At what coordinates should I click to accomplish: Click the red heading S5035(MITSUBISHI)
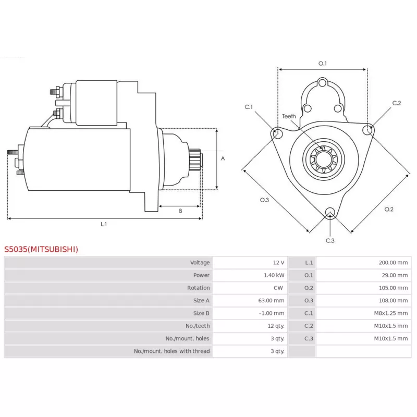[41, 249]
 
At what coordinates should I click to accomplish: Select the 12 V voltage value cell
[278, 263]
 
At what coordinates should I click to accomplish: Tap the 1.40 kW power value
[274, 275]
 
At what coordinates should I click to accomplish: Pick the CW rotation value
[278, 288]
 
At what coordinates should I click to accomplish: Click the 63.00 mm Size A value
[271, 301]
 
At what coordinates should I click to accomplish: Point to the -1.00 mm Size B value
[272, 313]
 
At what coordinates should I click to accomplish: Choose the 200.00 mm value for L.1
[393, 263]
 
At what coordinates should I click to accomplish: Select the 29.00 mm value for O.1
[395, 275]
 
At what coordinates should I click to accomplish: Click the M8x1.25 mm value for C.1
[390, 313]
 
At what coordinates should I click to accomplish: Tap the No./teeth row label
[198, 326]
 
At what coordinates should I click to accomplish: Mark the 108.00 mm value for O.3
[393, 301]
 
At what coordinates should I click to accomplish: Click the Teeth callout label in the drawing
[289, 116]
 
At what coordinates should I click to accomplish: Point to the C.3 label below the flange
[330, 240]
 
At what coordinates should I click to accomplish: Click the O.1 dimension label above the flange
[322, 63]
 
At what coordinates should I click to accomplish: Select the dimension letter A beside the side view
[223, 158]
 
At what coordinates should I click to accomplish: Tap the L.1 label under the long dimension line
[104, 224]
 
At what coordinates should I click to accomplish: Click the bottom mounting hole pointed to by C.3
[330, 212]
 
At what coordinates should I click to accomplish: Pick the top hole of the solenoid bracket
[322, 83]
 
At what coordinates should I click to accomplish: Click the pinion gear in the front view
[324, 160]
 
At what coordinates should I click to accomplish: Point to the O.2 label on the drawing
[389, 210]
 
